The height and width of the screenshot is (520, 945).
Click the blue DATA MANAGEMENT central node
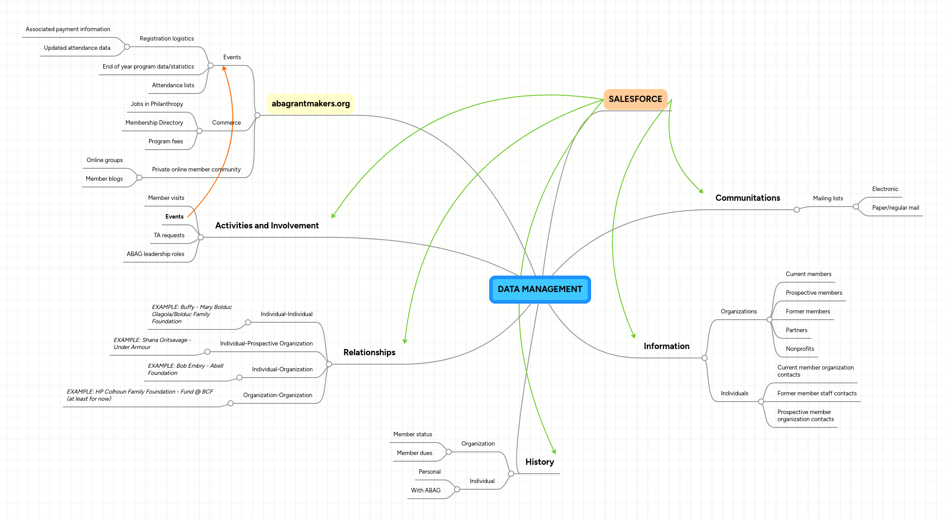point(539,289)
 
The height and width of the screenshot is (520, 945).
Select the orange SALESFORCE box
point(635,99)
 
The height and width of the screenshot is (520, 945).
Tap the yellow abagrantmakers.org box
point(310,104)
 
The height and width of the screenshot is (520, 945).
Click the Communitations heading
point(747,198)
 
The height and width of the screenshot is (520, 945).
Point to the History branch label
point(539,462)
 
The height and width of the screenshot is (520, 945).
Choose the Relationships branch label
point(369,353)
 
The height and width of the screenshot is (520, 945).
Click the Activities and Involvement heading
point(267,226)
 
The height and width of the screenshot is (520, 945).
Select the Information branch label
point(666,346)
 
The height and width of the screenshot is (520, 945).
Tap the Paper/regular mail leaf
point(895,208)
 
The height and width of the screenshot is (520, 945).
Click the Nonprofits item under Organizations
point(799,349)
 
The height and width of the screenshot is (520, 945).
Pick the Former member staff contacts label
point(816,394)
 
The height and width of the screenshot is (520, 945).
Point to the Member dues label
point(414,453)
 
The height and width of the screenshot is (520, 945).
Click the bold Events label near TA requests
point(174,217)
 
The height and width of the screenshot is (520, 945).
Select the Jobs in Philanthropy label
point(157,104)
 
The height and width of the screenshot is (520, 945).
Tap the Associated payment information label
point(68,29)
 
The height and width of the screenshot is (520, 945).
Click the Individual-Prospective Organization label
point(266,344)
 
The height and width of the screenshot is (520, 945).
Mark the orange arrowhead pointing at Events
point(224,68)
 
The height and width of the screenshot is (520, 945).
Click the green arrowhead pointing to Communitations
point(701,191)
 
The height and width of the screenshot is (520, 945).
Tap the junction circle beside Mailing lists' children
point(856,207)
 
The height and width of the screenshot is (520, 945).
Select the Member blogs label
point(104,179)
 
